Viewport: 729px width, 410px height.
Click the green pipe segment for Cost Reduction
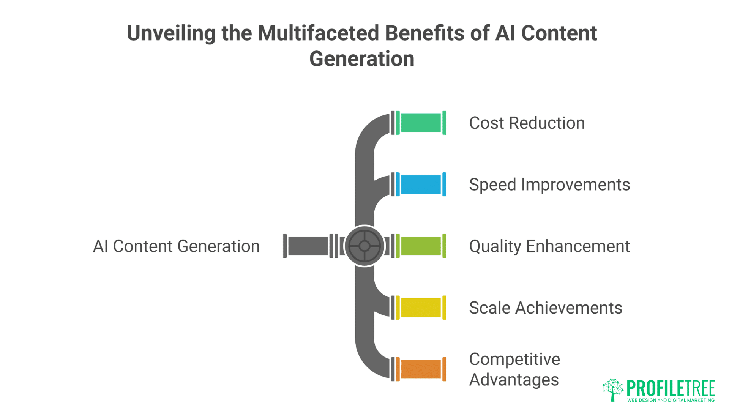click(x=421, y=123)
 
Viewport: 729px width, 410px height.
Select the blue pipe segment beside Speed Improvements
click(x=421, y=184)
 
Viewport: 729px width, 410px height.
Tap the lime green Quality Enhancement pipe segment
click(x=421, y=246)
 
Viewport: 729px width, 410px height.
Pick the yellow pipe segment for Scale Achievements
click(x=421, y=307)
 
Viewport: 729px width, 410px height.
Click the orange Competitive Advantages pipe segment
click(x=421, y=369)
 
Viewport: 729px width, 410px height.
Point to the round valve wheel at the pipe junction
click(x=364, y=246)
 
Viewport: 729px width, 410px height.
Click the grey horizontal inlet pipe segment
click(x=308, y=246)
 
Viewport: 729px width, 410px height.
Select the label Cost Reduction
click(x=527, y=123)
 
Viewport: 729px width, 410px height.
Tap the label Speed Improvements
click(x=549, y=185)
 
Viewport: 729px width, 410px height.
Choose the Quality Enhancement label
click(x=549, y=246)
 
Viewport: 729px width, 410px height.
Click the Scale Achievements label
click(x=546, y=308)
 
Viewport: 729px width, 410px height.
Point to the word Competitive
click(x=514, y=359)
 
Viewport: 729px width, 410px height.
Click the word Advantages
click(x=514, y=380)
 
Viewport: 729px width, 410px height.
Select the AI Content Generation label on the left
click(x=176, y=246)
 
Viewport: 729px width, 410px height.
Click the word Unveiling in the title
click(x=171, y=33)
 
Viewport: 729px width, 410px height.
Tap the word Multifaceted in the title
click(x=318, y=33)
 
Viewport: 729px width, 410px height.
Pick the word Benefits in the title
click(x=424, y=33)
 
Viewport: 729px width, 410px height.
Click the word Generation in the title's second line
click(x=361, y=59)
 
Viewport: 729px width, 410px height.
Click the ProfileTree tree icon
click(x=612, y=389)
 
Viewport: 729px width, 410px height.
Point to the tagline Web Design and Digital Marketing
click(x=671, y=400)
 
